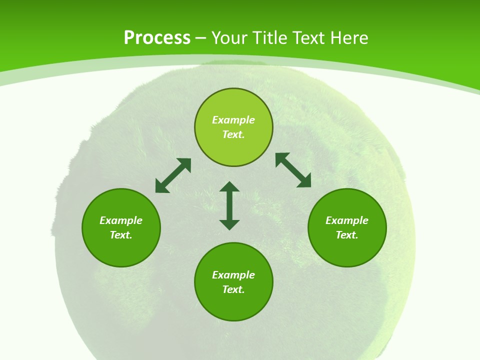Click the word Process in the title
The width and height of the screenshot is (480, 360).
157,38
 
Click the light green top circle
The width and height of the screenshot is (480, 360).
233,105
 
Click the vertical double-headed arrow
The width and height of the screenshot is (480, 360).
229,205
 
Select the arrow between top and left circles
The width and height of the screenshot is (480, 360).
173,175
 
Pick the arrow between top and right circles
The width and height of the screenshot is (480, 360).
293,170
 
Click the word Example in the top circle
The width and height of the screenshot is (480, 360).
233,120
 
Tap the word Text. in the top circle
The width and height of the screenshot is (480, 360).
233,134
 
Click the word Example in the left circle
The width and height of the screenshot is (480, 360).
121,220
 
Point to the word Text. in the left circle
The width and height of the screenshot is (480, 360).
121,235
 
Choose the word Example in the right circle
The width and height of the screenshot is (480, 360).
347,220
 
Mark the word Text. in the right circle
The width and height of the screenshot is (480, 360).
347,235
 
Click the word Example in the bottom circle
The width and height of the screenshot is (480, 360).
233,275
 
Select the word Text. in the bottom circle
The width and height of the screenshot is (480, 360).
233,289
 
